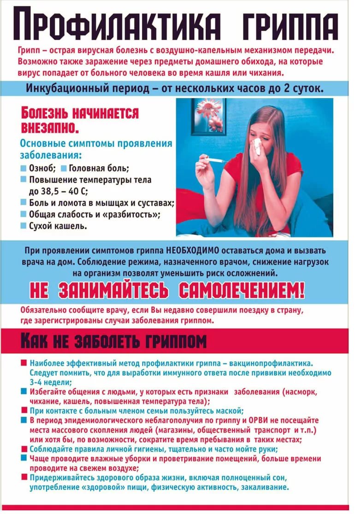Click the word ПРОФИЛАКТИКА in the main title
(x=113, y=25)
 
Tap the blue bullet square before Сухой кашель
(x=23, y=226)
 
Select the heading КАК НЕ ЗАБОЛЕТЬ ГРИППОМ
(x=113, y=341)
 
